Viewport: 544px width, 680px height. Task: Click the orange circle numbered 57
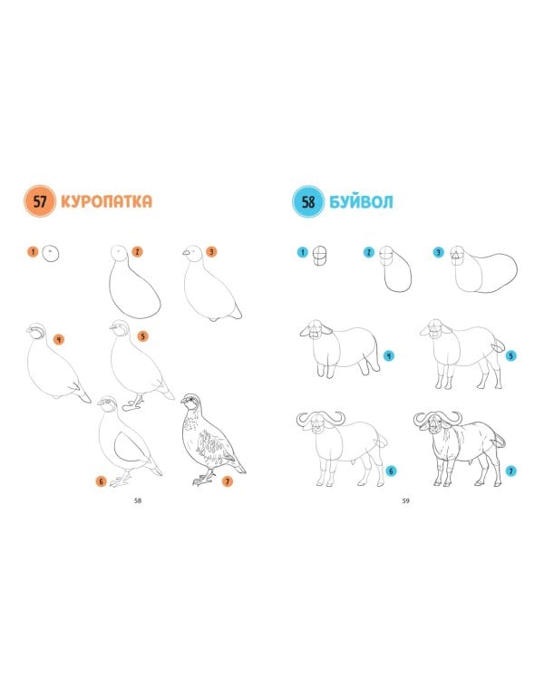pyautogui.click(x=40, y=201)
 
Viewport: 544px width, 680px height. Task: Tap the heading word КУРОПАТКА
pyautogui.click(x=107, y=201)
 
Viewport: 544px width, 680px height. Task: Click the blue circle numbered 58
pyautogui.click(x=308, y=201)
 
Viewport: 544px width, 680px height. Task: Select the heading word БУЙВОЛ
pyautogui.click(x=361, y=201)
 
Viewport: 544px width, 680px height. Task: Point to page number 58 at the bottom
pyautogui.click(x=138, y=500)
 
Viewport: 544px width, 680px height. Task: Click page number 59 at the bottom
pyautogui.click(x=405, y=500)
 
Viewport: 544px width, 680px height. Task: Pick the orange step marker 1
pyautogui.click(x=33, y=251)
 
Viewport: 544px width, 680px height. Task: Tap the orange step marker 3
pyautogui.click(x=211, y=251)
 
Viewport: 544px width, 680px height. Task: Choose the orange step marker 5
pyautogui.click(x=142, y=336)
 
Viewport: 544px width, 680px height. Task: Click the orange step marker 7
pyautogui.click(x=227, y=481)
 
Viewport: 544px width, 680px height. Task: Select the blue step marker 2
pyautogui.click(x=369, y=252)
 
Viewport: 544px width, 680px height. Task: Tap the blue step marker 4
pyautogui.click(x=389, y=355)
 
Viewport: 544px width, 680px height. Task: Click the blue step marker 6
pyautogui.click(x=391, y=471)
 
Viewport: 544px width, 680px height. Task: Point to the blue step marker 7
pyautogui.click(x=511, y=471)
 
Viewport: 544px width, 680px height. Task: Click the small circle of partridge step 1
pyautogui.click(x=51, y=253)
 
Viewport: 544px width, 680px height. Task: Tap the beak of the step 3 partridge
pyautogui.click(x=187, y=252)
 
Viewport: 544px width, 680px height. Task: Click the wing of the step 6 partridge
pyautogui.click(x=127, y=446)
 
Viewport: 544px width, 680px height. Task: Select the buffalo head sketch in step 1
pyautogui.click(x=320, y=255)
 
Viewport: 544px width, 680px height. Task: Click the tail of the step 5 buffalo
pyautogui.click(x=498, y=345)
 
